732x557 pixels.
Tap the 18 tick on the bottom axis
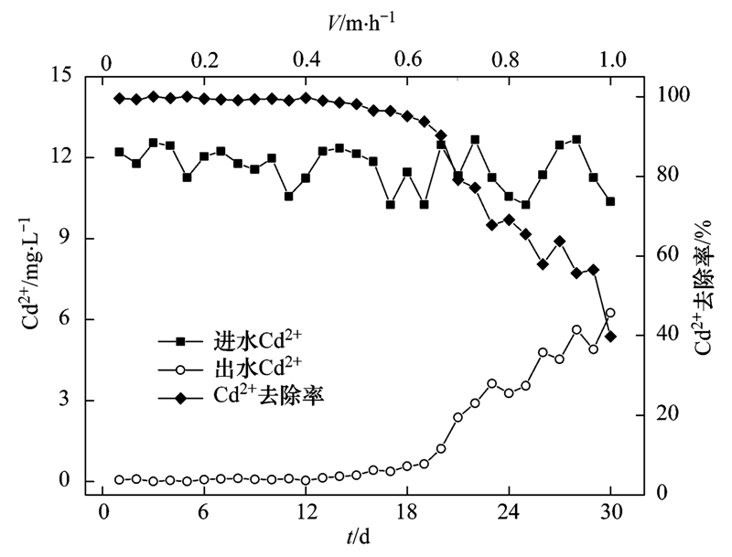tap(406, 511)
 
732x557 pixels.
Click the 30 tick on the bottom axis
tap(609, 511)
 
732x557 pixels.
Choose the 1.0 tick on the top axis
tap(611, 60)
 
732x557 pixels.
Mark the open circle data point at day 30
tap(610, 314)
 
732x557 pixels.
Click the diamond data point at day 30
tap(610, 337)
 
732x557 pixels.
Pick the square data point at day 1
tap(119, 152)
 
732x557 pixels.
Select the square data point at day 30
tap(610, 201)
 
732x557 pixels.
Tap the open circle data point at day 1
tap(119, 479)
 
